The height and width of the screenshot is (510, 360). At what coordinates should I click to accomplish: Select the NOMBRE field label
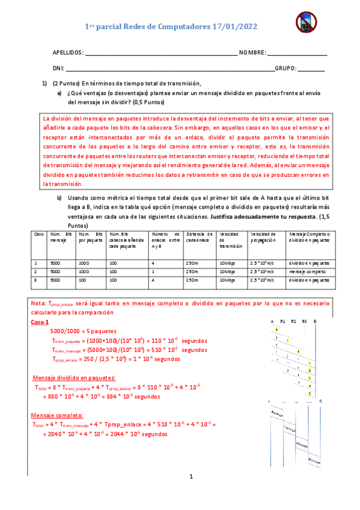252,53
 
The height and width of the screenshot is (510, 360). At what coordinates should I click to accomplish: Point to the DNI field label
58,68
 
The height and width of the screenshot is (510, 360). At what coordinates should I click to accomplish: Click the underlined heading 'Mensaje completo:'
58,415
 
